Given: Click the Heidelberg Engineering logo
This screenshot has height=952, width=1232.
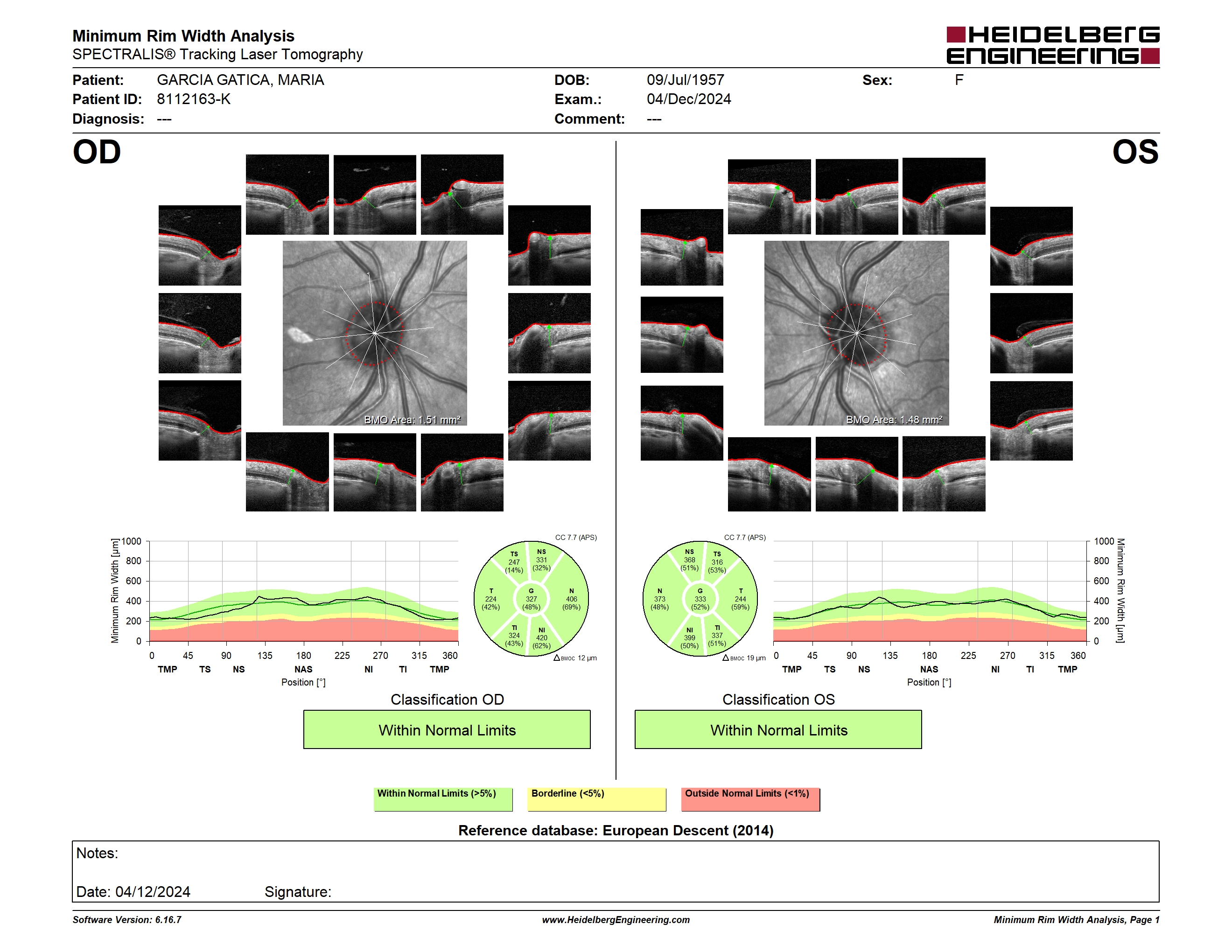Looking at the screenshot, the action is (x=1053, y=45).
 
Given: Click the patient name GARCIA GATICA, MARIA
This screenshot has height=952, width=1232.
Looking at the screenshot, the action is (x=240, y=80).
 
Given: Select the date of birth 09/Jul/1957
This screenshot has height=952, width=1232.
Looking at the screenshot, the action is (x=686, y=80).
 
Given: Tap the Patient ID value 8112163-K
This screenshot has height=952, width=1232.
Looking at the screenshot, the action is (x=194, y=99).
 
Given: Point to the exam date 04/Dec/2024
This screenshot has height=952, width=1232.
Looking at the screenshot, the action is (x=689, y=99).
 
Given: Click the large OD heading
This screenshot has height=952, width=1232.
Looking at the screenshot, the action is (x=97, y=152).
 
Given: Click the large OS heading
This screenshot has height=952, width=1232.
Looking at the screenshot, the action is (x=1135, y=152).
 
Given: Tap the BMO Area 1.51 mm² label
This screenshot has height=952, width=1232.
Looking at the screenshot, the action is (x=413, y=420).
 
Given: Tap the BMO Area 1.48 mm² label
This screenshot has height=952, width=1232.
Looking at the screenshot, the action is (x=894, y=420).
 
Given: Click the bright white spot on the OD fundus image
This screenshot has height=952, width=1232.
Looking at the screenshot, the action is (x=301, y=335).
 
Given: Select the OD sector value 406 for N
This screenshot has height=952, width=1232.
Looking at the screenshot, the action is (x=572, y=599).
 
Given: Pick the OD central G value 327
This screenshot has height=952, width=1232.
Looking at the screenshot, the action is (x=531, y=599).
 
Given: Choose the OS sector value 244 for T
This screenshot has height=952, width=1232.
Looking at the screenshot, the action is (x=740, y=599).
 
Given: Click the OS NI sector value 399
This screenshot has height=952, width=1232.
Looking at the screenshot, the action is (x=689, y=638).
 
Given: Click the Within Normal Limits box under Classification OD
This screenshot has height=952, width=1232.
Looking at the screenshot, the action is (x=447, y=730).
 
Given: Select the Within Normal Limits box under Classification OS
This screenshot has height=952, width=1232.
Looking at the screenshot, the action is (x=778, y=730).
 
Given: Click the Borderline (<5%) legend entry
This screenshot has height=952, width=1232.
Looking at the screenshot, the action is (x=597, y=799).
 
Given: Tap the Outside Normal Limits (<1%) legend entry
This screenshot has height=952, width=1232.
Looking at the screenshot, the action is (x=750, y=799).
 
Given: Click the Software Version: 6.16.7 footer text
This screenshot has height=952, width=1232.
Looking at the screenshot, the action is (x=127, y=920).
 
